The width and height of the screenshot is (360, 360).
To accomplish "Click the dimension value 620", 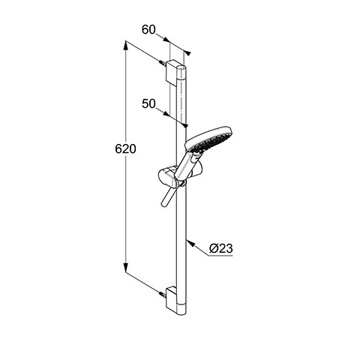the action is tap(125, 149).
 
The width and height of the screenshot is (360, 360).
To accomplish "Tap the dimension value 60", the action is tap(148, 29).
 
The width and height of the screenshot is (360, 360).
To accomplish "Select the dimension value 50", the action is tap(148, 103).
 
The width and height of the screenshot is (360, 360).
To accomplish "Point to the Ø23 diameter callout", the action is tap(221, 248).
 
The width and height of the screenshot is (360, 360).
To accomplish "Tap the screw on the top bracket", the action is tap(163, 62).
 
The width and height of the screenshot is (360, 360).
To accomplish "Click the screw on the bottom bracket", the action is tap(163, 294).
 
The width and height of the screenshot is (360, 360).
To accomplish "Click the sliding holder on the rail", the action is tap(172, 177).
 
